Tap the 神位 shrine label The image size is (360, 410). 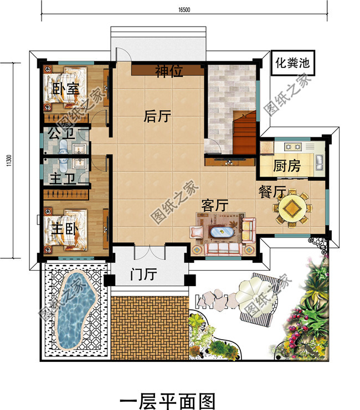click(169, 71)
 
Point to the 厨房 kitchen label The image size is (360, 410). click(287, 166)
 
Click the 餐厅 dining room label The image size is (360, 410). click(272, 192)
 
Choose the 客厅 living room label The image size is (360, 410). click(215, 205)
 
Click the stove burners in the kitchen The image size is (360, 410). click(292, 147)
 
